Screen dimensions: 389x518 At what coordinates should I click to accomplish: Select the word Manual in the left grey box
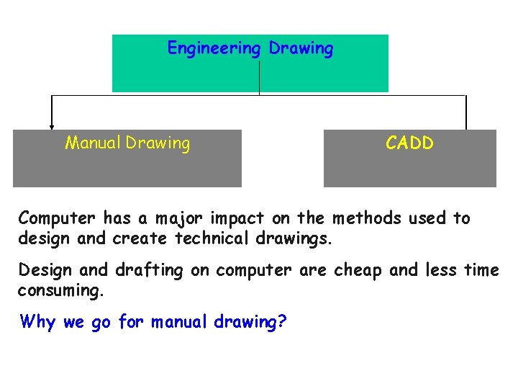[94, 143]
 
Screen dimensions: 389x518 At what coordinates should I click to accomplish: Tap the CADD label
[409, 143]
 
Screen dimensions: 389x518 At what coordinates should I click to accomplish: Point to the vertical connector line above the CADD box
[466, 112]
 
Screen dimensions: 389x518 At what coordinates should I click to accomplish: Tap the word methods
[363, 218]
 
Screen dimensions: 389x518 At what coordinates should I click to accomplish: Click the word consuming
[60, 290]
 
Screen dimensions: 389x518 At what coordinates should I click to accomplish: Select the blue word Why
[38, 321]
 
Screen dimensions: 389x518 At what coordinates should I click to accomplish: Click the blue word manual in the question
[180, 321]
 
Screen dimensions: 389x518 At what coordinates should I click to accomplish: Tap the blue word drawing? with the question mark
[250, 321]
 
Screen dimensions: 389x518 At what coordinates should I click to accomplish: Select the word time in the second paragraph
[481, 270]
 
